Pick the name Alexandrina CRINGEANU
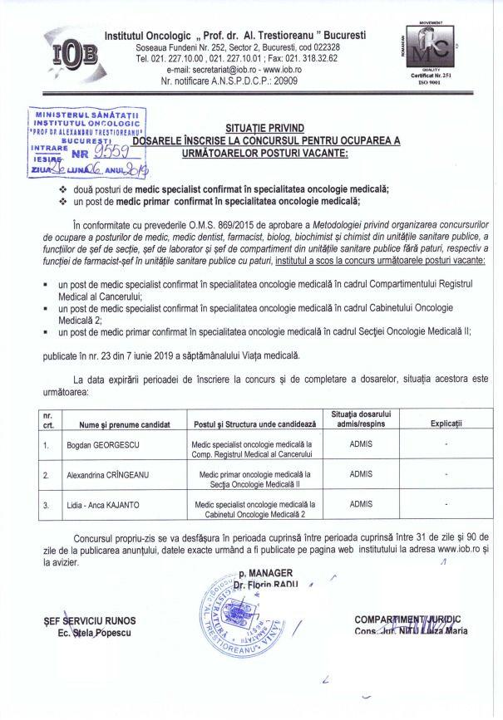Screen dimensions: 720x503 110,475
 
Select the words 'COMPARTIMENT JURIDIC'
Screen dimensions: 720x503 407,620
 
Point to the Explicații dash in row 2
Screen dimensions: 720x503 446,475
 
